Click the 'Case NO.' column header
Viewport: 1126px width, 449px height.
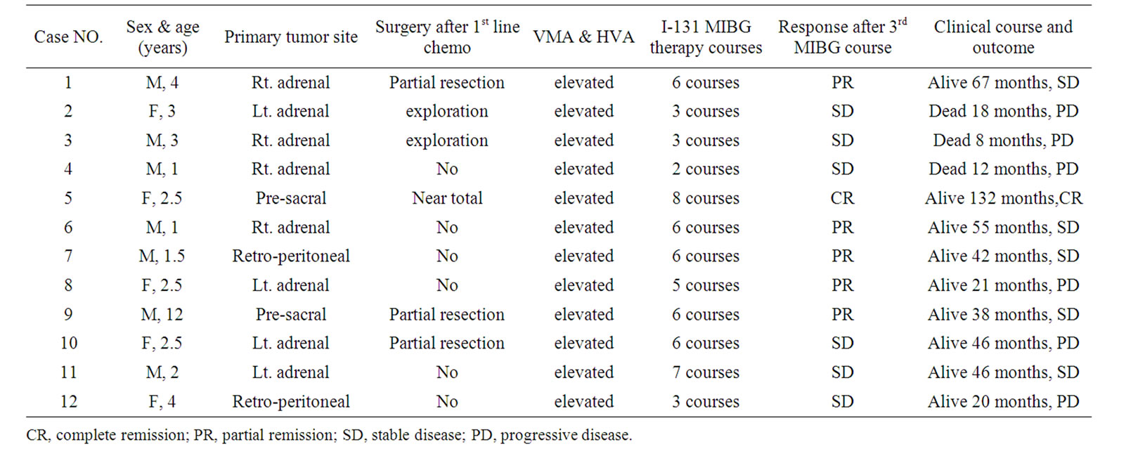click(x=68, y=37)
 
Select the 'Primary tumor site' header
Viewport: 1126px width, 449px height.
click(x=291, y=37)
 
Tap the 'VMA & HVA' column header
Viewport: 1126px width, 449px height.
click(x=583, y=37)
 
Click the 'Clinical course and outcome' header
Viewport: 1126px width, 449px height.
click(x=1003, y=37)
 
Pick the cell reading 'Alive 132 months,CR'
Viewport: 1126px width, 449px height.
click(x=1003, y=198)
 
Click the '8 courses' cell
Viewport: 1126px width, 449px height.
click(x=705, y=198)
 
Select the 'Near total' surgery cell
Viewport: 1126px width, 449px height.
click(x=447, y=198)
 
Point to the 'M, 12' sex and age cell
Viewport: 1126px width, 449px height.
click(x=162, y=314)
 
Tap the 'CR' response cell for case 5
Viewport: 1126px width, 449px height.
click(x=842, y=198)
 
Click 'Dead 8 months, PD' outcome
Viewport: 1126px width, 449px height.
click(x=1003, y=140)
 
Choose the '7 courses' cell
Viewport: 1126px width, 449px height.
click(x=705, y=372)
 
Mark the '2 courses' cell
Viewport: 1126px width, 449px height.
click(x=705, y=169)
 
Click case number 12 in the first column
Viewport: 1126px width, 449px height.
click(x=68, y=401)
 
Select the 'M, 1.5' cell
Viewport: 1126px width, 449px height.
click(x=162, y=256)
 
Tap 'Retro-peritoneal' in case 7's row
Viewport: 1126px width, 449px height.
click(x=291, y=256)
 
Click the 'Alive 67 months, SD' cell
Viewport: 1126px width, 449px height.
click(x=1003, y=82)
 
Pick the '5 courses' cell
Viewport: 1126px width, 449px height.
click(x=705, y=285)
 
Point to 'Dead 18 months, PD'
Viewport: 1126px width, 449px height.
click(x=1003, y=111)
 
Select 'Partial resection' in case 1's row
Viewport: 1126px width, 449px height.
click(x=447, y=82)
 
